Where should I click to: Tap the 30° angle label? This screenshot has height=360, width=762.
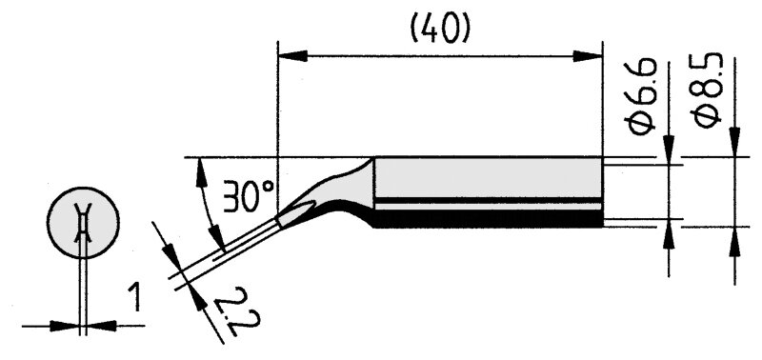249,196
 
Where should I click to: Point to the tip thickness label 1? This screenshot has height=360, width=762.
134,298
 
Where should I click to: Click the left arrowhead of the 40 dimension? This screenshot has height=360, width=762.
292,56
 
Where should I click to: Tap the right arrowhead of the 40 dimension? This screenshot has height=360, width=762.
588,56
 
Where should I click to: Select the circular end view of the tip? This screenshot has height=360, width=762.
83,222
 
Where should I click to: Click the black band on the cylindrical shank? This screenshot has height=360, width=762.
488,219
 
